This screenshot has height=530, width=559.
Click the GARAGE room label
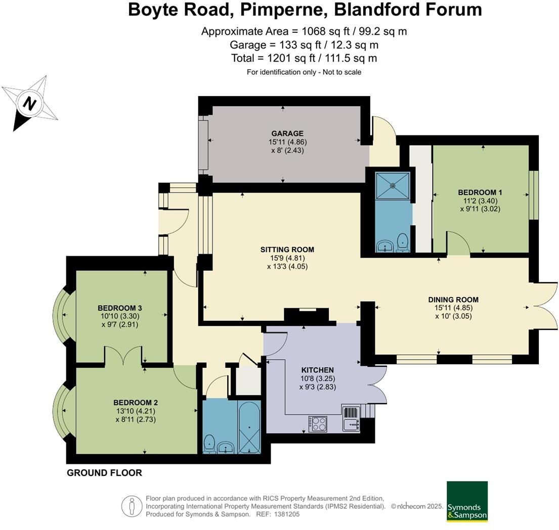(287, 133)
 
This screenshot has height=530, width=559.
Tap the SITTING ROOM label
(287, 250)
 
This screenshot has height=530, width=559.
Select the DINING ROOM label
(453, 300)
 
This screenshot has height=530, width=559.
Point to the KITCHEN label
(318, 370)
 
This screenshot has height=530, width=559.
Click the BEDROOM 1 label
(480, 192)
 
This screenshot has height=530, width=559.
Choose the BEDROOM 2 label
(136, 403)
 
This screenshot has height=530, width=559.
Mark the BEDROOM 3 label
(120, 308)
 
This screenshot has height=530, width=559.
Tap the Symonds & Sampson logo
(467, 502)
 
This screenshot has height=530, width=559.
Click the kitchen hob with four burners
(318, 423)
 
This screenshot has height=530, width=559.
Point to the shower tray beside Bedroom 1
(393, 185)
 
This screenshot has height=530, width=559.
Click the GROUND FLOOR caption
(104, 473)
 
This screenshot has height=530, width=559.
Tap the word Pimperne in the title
(284, 10)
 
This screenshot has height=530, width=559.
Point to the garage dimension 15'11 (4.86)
(288, 141)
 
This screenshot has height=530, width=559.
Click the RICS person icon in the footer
(132, 506)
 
